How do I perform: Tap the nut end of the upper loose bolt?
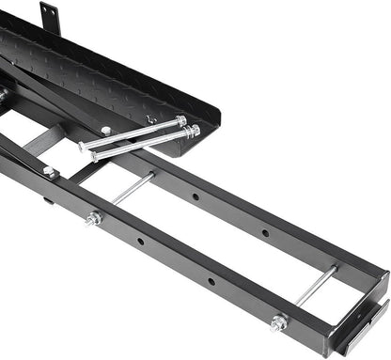click(x=180, y=120)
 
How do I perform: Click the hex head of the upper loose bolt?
click(x=85, y=146)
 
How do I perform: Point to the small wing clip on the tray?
click(x=150, y=119)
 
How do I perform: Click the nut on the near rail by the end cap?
click(x=278, y=323)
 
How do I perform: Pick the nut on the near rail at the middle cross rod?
click(x=94, y=219)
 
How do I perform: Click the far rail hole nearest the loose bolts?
click(x=195, y=198)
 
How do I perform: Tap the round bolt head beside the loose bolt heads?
click(x=105, y=130)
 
